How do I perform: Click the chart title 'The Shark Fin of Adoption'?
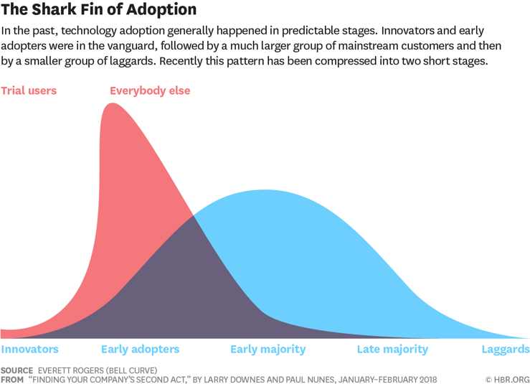point(99,11)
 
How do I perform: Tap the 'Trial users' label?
point(29,91)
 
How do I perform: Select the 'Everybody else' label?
point(150,91)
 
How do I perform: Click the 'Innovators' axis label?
point(29,350)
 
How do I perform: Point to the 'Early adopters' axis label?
point(140,350)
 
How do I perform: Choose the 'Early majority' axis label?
point(268,350)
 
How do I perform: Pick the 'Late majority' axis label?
point(392,350)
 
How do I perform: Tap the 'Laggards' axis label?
point(505,350)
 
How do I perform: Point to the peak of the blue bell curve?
point(265,191)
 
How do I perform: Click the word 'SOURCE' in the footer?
point(17,370)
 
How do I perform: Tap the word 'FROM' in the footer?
point(12,380)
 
